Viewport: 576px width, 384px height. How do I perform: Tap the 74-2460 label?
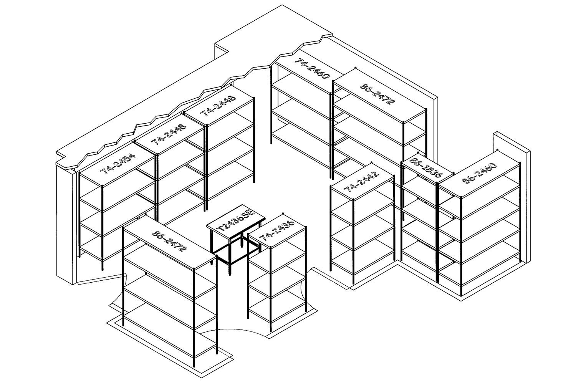point(312,69)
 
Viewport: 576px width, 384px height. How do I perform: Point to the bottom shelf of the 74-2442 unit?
point(363,265)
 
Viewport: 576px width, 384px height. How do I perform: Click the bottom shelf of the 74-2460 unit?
point(300,138)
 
